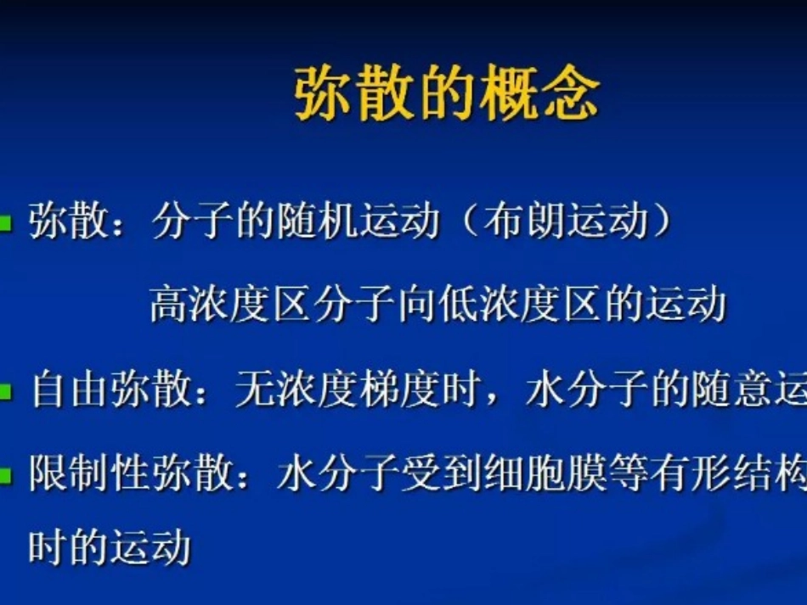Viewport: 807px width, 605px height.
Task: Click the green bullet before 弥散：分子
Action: (x=7, y=224)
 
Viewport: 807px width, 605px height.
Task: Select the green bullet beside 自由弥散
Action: (x=7, y=393)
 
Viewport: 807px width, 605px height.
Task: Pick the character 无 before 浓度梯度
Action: (x=253, y=393)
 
